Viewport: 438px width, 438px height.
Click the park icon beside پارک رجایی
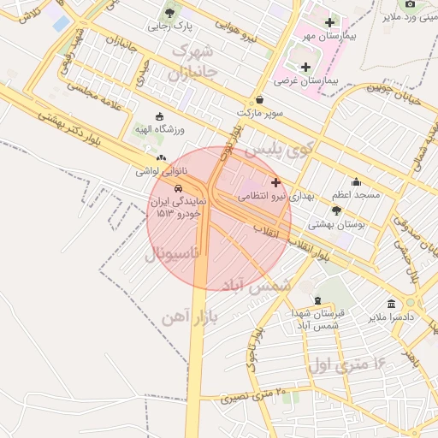(171, 12)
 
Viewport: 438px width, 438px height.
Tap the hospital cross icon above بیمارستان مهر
(329, 22)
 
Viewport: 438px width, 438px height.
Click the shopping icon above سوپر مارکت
(260, 99)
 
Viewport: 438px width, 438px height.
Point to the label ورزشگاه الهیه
(160, 129)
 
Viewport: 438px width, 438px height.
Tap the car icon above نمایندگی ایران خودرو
(177, 188)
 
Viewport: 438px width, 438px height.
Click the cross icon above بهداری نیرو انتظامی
(275, 182)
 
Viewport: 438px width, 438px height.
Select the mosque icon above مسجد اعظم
(356, 181)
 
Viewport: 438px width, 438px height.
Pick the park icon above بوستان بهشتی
(336, 210)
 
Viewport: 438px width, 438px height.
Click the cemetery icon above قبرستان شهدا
(318, 301)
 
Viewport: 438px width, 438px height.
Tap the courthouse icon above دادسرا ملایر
(391, 305)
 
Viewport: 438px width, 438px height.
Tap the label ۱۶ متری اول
(346, 364)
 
